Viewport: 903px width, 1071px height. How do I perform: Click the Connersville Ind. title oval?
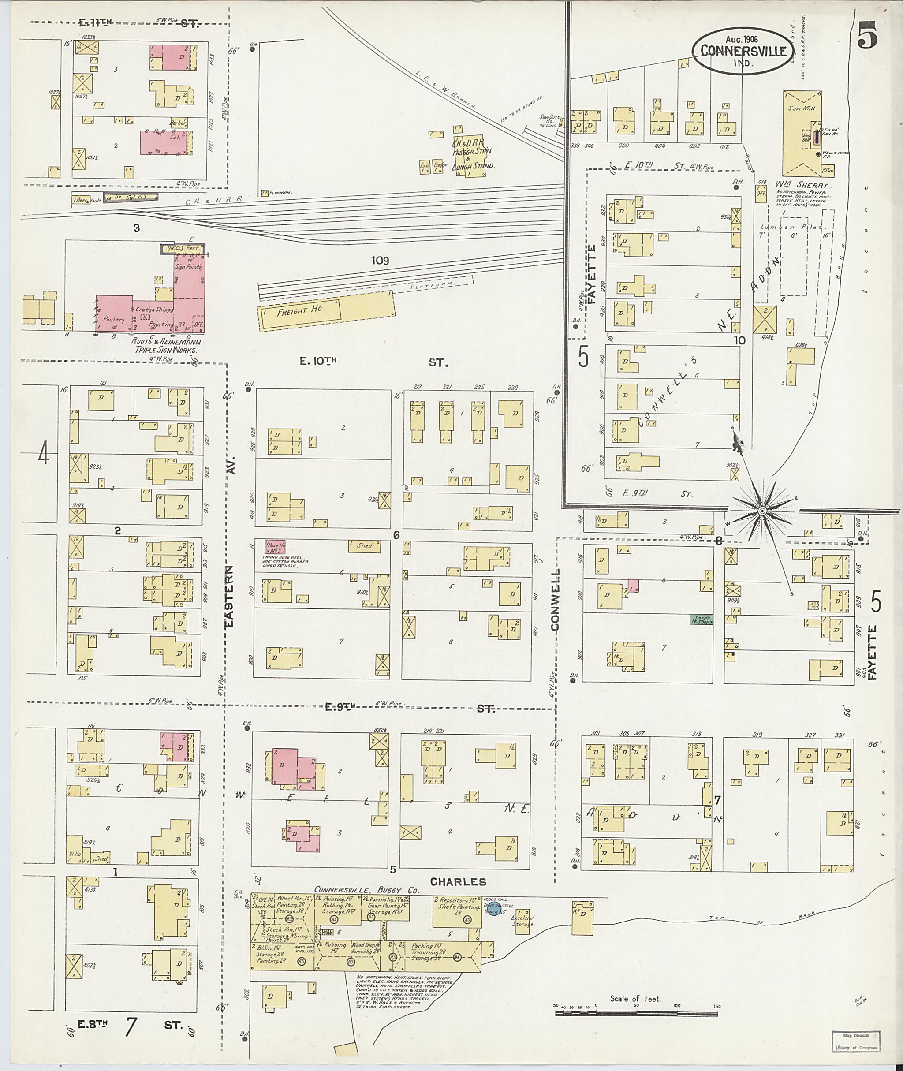coord(742,50)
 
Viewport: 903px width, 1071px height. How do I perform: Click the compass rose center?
coord(762,511)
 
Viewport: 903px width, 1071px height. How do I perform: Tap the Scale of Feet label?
coord(635,999)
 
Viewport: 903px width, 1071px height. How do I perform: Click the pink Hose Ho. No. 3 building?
coord(274,547)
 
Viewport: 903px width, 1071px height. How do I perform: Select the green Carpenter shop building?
coord(701,619)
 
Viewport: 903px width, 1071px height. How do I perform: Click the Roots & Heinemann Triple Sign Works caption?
coord(165,346)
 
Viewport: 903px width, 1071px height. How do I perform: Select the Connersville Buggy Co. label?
coord(366,890)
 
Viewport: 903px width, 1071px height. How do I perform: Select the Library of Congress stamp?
coord(856,1048)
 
